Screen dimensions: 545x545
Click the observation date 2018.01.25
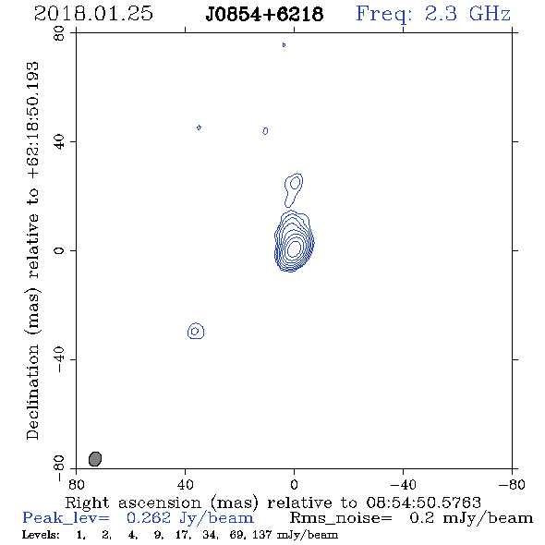click(93, 14)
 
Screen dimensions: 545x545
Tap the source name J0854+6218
click(264, 14)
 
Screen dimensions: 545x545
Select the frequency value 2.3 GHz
click(467, 14)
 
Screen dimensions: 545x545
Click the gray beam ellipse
click(95, 459)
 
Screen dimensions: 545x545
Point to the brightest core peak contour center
click(294, 248)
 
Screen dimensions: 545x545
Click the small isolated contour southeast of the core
click(196, 331)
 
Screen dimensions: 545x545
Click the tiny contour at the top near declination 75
click(284, 44)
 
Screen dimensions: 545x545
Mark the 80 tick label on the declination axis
click(59, 33)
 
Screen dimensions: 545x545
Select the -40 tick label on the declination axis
click(59, 359)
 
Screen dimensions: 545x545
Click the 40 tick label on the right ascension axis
click(185, 484)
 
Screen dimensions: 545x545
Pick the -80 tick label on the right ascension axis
click(512, 484)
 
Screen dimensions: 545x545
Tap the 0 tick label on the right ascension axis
click(294, 484)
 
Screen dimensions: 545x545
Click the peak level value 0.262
click(149, 518)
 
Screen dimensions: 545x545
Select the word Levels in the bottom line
click(41, 535)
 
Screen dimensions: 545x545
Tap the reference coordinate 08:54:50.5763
click(424, 503)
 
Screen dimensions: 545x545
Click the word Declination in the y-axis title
click(32, 392)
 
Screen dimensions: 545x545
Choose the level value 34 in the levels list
click(210, 535)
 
